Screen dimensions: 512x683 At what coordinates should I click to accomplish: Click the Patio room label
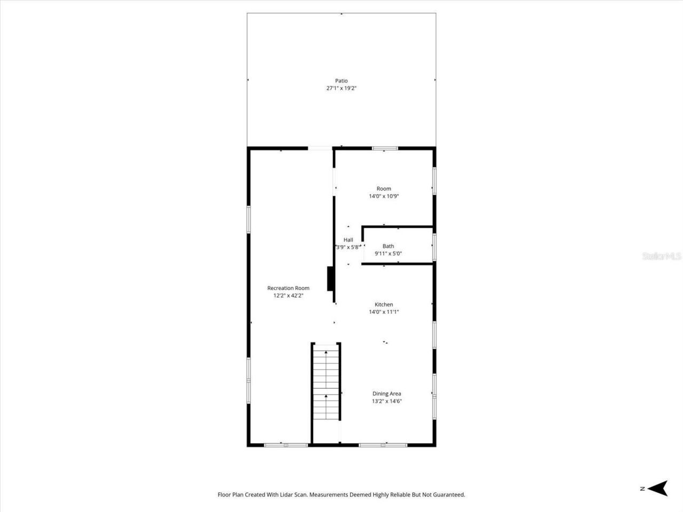coord(341,81)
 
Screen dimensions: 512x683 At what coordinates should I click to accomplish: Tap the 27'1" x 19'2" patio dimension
coord(341,89)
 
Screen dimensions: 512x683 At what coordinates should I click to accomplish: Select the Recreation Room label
coord(288,288)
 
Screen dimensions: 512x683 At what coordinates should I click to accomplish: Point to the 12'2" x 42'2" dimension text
coord(288,295)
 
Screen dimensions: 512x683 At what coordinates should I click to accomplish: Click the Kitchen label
coord(384,305)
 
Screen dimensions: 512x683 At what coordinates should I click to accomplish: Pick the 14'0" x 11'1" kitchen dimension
coord(384,312)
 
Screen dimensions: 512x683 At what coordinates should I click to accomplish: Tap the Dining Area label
coord(387,394)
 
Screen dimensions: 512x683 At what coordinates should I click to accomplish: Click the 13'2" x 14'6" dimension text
coord(387,401)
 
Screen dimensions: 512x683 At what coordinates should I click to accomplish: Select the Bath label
coord(388,246)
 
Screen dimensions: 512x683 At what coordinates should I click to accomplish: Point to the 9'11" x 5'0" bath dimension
coord(388,254)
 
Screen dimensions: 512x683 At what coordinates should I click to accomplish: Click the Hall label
coord(348,240)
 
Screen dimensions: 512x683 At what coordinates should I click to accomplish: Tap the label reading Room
coord(384,189)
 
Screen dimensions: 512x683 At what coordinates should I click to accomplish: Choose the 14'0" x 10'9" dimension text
coord(384,196)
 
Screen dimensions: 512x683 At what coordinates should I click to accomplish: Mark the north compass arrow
coord(660,488)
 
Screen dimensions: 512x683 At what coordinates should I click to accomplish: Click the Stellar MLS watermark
coord(662,257)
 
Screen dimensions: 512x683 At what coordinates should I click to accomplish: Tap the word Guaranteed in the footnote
coord(448,495)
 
